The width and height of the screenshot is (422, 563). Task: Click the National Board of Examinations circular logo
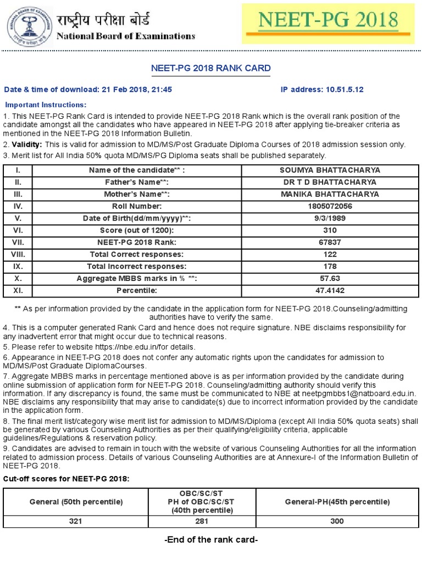click(26, 24)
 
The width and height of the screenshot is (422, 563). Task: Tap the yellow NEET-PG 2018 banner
click(329, 22)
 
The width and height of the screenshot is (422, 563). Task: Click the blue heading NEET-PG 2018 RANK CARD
click(211, 68)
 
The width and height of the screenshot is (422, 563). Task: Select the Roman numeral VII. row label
click(18, 242)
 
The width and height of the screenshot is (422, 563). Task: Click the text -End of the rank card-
click(211, 539)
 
